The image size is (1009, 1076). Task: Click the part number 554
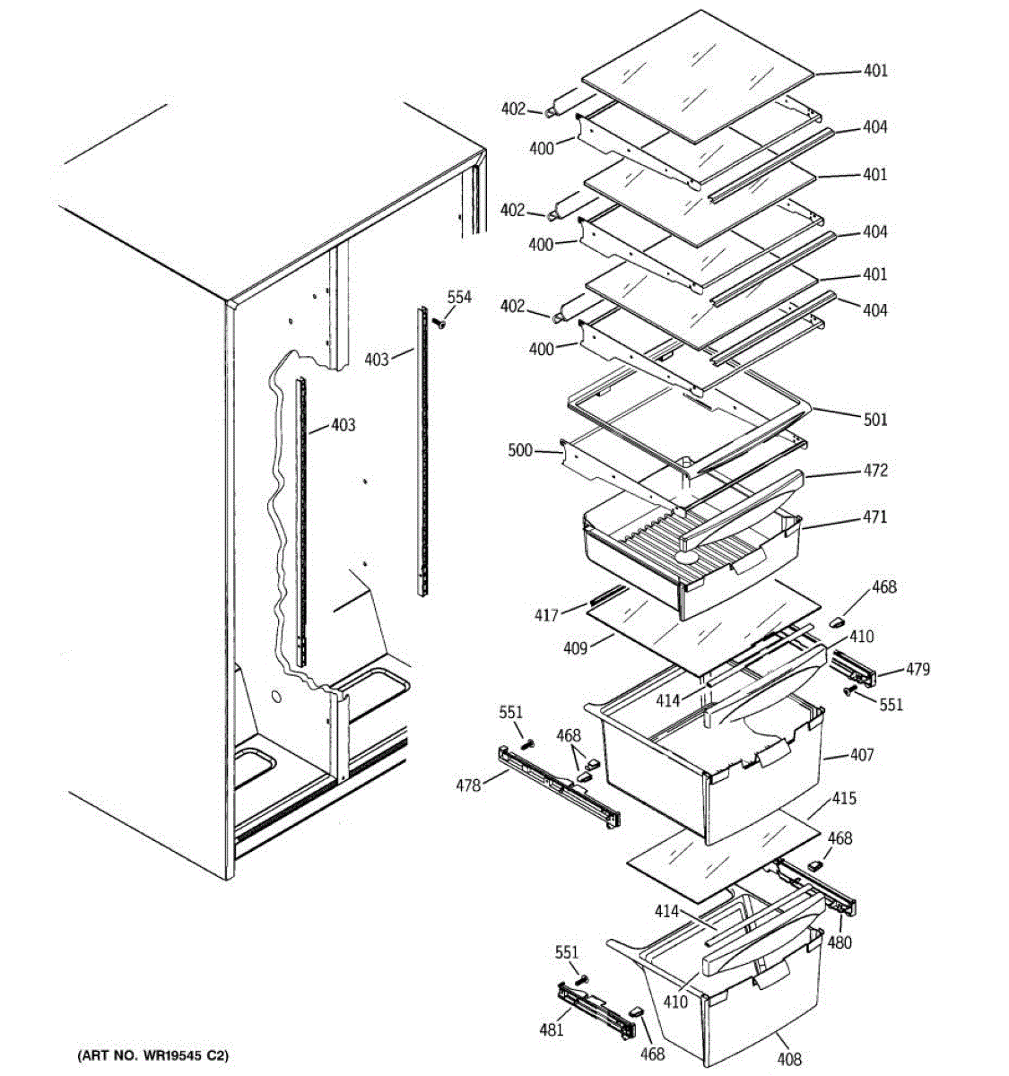pyautogui.click(x=459, y=297)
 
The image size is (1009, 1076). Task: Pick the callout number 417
pyautogui.click(x=546, y=615)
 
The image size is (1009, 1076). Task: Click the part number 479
pyautogui.click(x=917, y=669)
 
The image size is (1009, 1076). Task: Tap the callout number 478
pyautogui.click(x=467, y=785)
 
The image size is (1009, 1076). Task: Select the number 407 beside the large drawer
pyautogui.click(x=861, y=755)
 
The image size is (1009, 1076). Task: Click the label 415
pyautogui.click(x=844, y=797)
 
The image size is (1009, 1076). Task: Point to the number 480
pyautogui.click(x=839, y=942)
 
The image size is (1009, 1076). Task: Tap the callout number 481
pyautogui.click(x=551, y=1029)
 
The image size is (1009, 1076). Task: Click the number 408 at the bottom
pyautogui.click(x=789, y=1059)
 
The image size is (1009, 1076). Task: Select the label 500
pyautogui.click(x=520, y=450)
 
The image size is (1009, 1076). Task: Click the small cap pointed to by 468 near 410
pyautogui.click(x=839, y=620)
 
